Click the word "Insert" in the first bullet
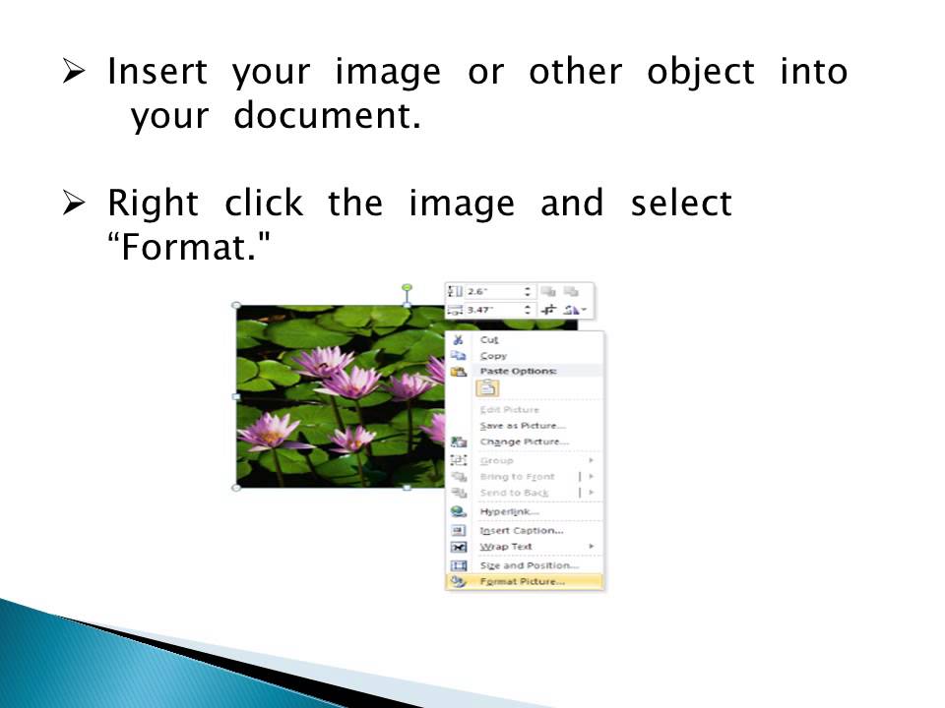tap(157, 72)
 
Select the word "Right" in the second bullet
tap(153, 204)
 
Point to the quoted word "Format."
tap(187, 248)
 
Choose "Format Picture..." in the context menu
tap(522, 581)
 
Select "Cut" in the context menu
tap(489, 339)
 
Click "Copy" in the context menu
tap(493, 356)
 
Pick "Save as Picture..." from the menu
tap(522, 426)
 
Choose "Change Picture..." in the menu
tap(524, 442)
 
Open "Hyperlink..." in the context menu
tap(509, 511)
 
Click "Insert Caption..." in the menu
tap(521, 531)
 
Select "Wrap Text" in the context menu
tap(506, 547)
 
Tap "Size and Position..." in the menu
tap(529, 565)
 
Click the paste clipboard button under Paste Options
tap(488, 388)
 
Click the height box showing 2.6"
tap(492, 292)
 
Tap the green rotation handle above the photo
tap(408, 288)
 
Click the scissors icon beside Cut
tap(459, 339)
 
